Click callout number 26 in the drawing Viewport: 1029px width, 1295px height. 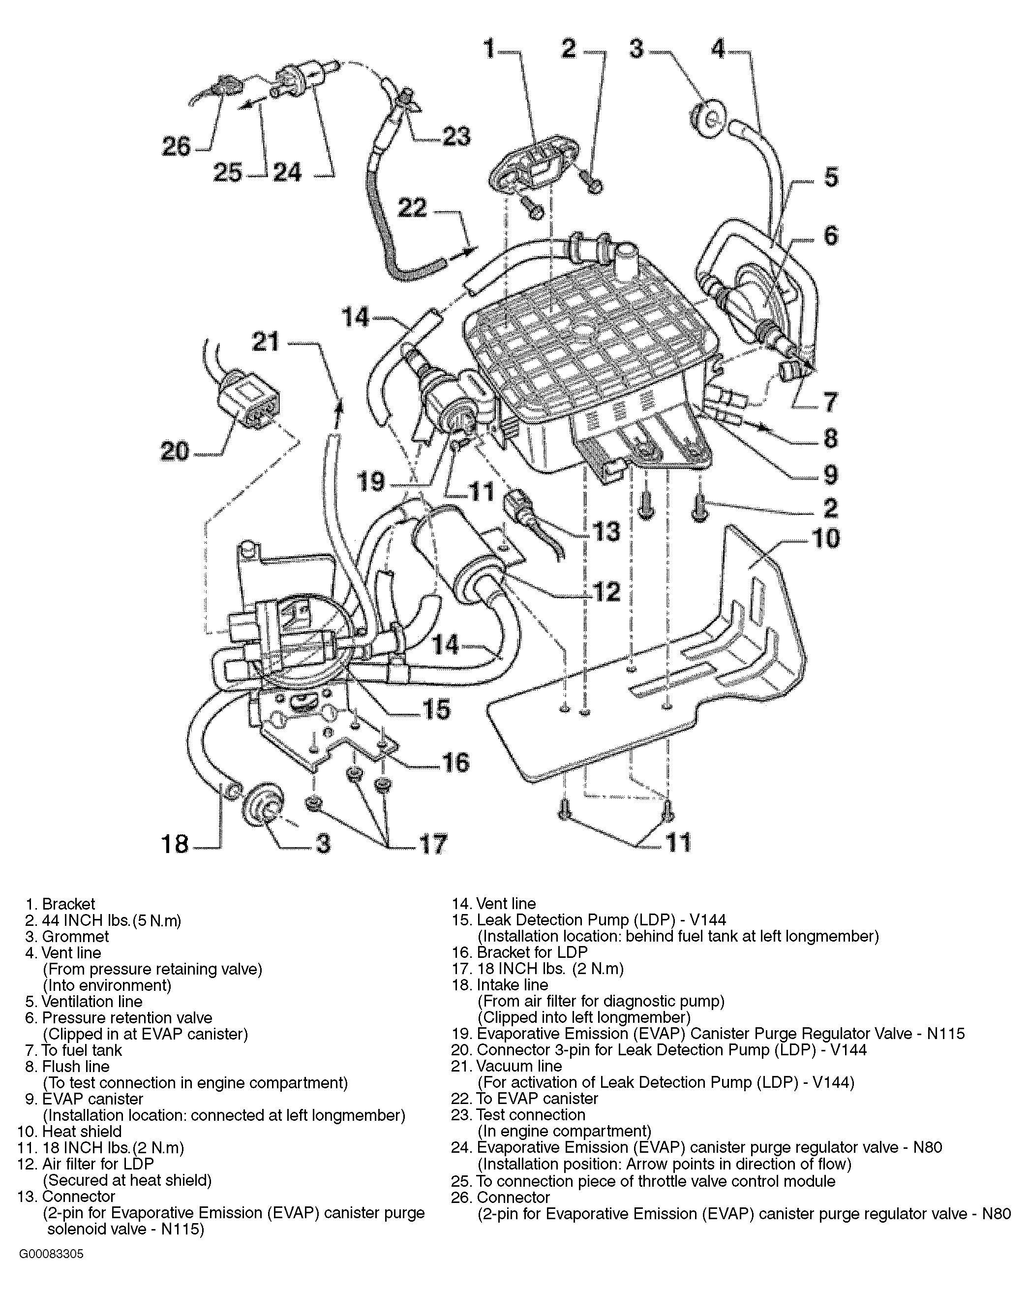coord(176,147)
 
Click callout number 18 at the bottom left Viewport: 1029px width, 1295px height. coord(175,844)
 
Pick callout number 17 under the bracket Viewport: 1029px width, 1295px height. coord(432,844)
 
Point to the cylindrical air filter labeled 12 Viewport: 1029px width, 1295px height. coord(456,559)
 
